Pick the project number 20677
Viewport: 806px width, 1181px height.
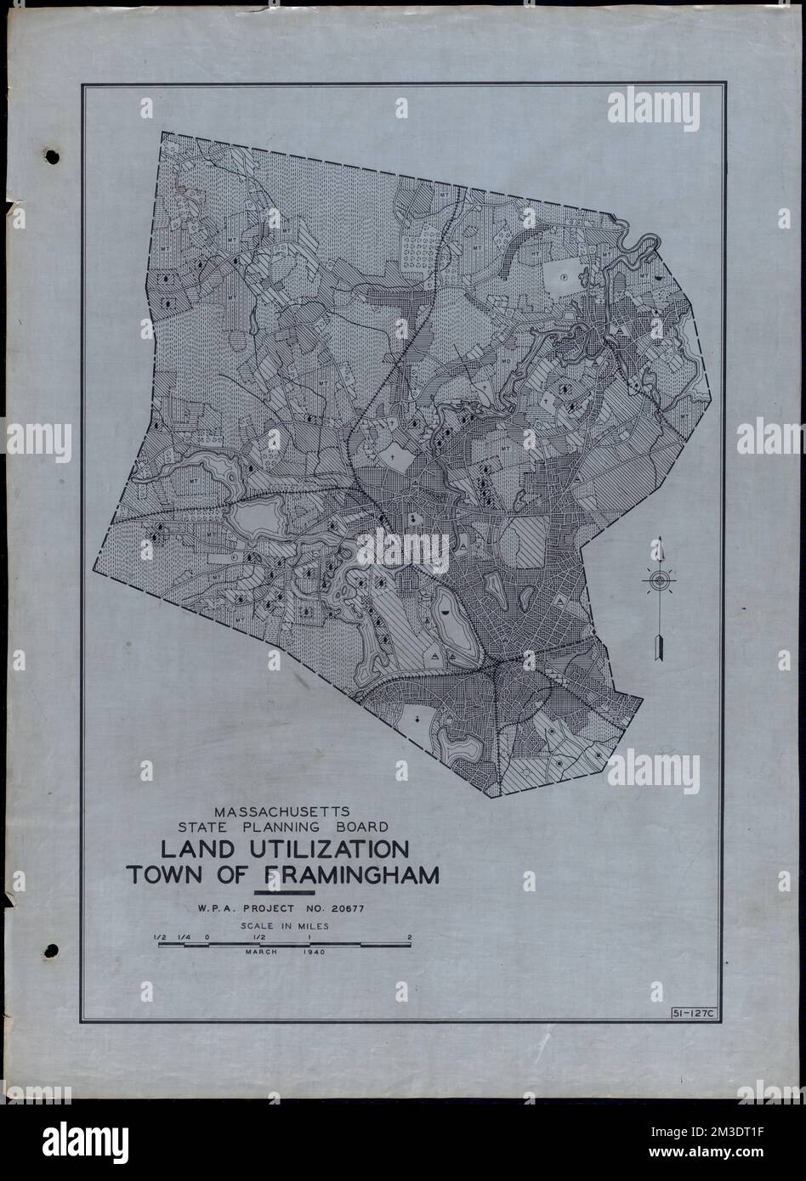[352, 911]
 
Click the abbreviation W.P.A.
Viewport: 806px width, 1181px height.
[218, 911]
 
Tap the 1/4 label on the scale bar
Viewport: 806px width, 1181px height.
[183, 937]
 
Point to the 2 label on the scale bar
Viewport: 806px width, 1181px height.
[410, 937]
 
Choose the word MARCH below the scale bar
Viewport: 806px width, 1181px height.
[262, 952]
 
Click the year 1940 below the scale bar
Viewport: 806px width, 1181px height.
[313, 952]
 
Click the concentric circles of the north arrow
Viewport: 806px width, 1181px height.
[659, 581]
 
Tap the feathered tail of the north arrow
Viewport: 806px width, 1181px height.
[659, 647]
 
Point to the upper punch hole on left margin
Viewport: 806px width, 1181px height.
[52, 157]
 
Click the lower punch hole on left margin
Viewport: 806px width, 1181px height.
[52, 950]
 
